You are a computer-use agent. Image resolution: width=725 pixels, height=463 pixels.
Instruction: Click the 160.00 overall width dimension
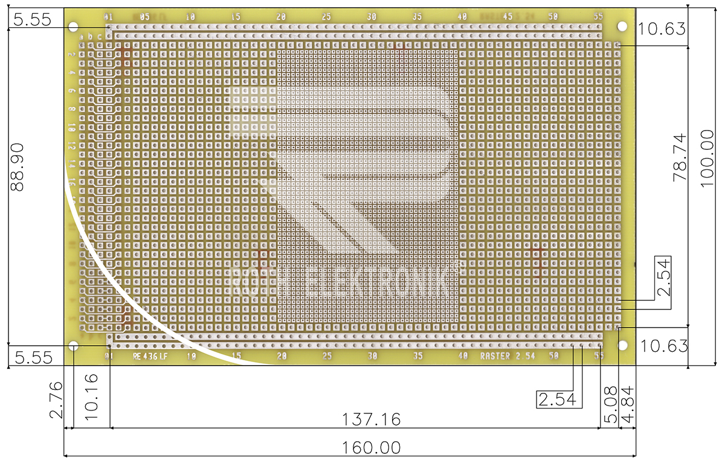tap(372, 448)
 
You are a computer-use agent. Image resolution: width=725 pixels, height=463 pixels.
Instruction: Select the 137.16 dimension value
tap(372, 419)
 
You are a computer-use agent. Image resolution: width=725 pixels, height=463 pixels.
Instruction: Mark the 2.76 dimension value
tap(56, 400)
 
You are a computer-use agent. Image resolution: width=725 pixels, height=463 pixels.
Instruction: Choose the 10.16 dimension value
tap(88, 400)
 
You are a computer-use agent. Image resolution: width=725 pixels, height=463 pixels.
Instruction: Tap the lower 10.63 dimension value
tap(664, 346)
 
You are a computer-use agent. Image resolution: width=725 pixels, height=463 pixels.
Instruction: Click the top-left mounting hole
tap(74, 27)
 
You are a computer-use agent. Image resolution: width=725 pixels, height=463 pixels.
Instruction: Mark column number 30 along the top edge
tap(372, 16)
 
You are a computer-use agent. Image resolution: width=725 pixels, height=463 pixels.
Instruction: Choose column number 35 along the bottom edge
tap(417, 356)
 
